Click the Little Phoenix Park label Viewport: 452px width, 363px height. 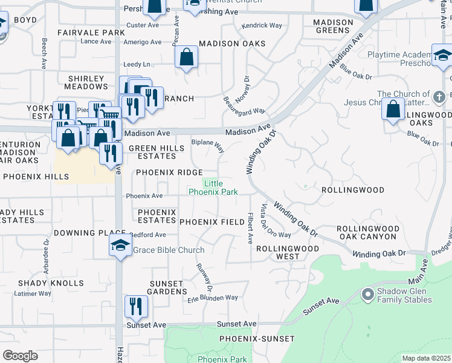[213, 188]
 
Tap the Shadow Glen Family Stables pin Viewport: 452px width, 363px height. [366, 295]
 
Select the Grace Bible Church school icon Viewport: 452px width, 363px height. [120, 246]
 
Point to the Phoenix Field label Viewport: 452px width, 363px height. [212, 222]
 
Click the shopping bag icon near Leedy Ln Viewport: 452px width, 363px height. [186, 57]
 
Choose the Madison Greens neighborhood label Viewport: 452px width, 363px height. [333, 26]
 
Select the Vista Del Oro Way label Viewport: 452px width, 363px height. [276, 221]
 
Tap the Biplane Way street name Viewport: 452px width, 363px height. [208, 146]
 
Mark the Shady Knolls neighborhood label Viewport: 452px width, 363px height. [51, 283]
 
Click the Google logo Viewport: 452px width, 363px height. [20, 356]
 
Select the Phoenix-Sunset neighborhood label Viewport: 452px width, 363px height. [257, 339]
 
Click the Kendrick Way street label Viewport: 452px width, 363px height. [262, 25]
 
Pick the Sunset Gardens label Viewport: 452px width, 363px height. [167, 287]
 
